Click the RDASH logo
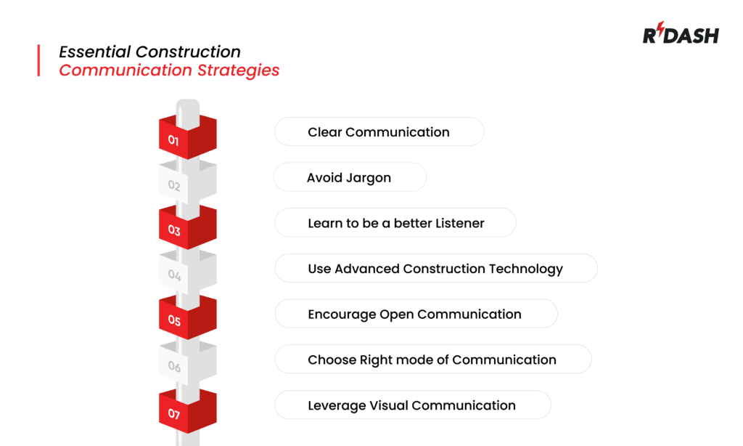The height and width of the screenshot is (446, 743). click(680, 35)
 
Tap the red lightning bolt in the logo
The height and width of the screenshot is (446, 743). click(660, 33)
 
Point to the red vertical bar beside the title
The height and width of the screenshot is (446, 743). click(38, 60)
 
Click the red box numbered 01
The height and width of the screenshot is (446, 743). click(187, 138)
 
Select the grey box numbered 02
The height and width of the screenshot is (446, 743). click(187, 183)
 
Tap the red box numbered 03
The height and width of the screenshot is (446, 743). click(187, 228)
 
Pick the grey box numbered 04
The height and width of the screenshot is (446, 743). click(187, 273)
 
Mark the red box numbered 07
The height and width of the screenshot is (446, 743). click(187, 412)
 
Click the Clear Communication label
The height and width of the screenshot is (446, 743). click(379, 132)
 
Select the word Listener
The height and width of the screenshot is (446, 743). click(460, 223)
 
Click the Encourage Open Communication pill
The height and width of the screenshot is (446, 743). click(415, 315)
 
